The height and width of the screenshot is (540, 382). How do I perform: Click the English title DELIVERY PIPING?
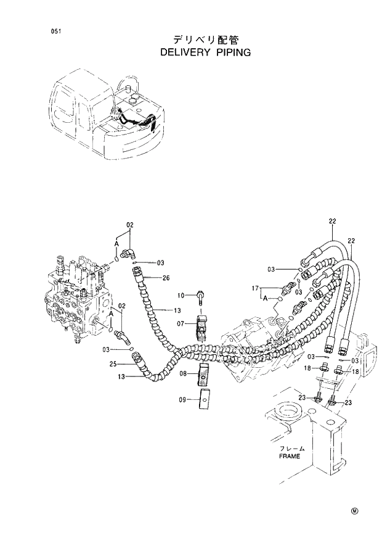(x=205, y=53)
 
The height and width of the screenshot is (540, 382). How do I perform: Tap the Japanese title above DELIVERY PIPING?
(x=206, y=39)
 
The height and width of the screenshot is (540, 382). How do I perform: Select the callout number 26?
(x=166, y=278)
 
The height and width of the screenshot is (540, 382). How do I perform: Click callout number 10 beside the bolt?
(x=182, y=295)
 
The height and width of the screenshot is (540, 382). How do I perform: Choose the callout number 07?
(x=182, y=323)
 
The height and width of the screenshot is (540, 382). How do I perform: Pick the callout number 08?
(x=183, y=374)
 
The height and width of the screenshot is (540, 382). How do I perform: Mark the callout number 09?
(x=183, y=400)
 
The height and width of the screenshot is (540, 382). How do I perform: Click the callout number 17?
(x=254, y=288)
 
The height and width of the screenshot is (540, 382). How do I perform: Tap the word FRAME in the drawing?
(x=289, y=456)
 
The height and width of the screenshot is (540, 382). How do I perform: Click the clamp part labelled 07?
(x=203, y=326)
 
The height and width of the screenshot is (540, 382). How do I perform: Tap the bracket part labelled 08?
(x=204, y=372)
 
